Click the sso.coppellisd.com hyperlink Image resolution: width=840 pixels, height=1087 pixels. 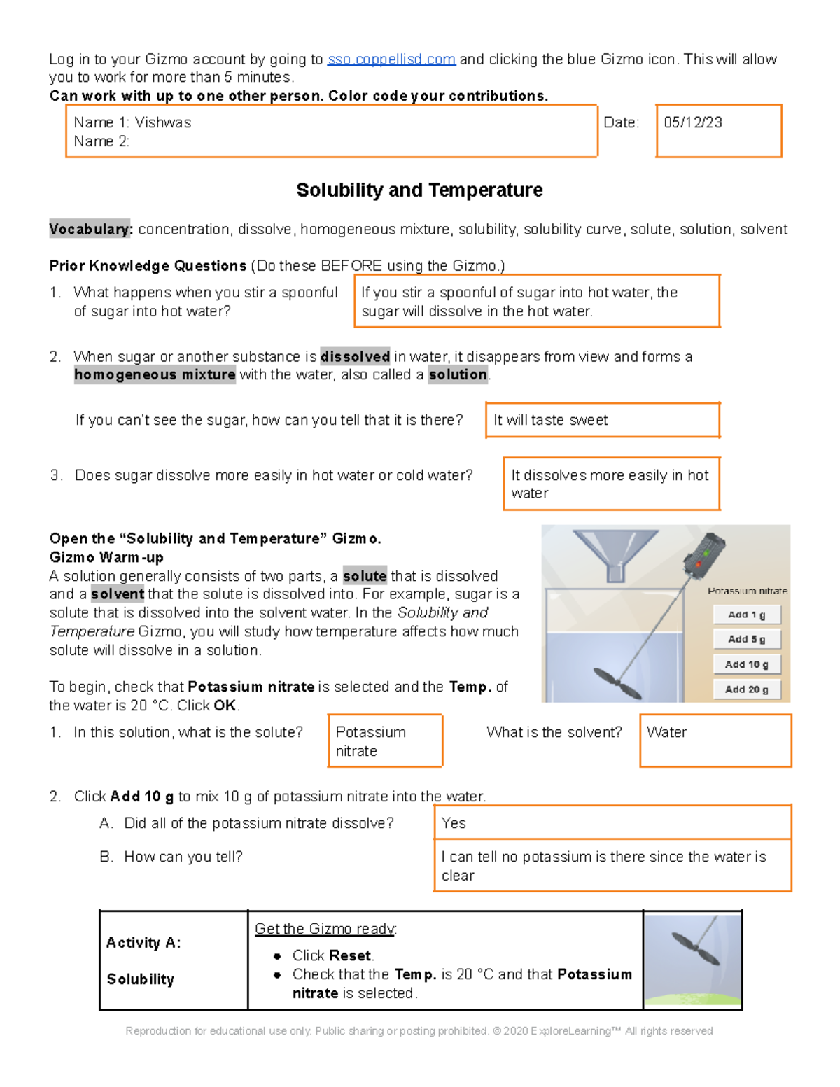391,59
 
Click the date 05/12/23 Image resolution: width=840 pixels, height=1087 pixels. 692,122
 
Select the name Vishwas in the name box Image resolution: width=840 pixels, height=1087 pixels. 162,122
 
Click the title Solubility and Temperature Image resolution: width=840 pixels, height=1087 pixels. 419,190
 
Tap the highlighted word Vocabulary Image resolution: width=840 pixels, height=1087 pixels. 90,230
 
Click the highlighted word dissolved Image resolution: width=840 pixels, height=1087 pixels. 355,357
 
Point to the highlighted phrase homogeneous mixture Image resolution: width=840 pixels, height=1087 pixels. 155,375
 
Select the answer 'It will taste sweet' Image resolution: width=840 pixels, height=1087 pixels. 550,420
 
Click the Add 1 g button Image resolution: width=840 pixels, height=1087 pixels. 746,615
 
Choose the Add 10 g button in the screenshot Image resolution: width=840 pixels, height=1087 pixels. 746,664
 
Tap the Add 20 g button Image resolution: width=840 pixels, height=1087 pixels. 746,689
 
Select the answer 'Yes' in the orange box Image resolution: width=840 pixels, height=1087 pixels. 454,824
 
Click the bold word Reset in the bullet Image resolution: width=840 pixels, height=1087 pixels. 351,956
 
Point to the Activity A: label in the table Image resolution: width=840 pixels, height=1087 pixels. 143,944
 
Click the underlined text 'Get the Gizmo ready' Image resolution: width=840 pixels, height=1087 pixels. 325,929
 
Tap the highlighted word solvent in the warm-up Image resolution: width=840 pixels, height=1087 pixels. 117,594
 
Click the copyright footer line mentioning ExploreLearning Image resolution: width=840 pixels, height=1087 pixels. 419,1031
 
